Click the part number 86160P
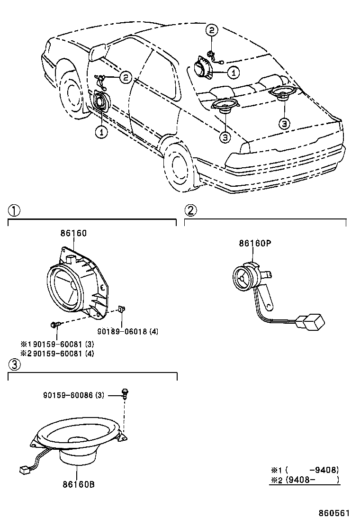(254, 243)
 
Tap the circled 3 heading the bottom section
(15, 364)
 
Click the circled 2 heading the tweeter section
(190, 210)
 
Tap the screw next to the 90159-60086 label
(126, 392)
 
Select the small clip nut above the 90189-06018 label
(121, 309)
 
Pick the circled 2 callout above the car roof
(212, 31)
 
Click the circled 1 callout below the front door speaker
(101, 132)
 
